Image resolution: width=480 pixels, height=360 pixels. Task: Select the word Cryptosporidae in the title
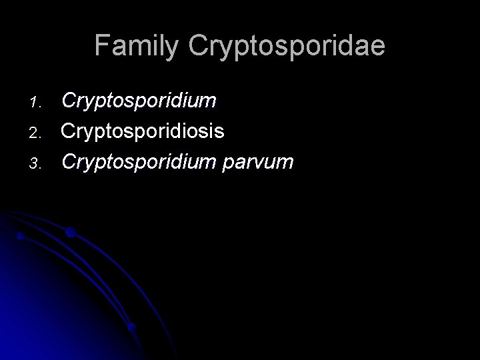pyautogui.click(x=287, y=46)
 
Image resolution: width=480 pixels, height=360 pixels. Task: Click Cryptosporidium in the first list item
pyautogui.click(x=139, y=101)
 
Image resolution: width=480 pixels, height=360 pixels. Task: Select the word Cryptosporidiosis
pyautogui.click(x=143, y=131)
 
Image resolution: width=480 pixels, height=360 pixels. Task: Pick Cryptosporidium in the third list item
pyautogui.click(x=139, y=161)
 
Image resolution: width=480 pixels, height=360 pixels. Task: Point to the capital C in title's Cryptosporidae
pyautogui.click(x=198, y=45)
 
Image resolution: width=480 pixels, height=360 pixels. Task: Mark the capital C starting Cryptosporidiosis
pyautogui.click(x=68, y=131)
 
